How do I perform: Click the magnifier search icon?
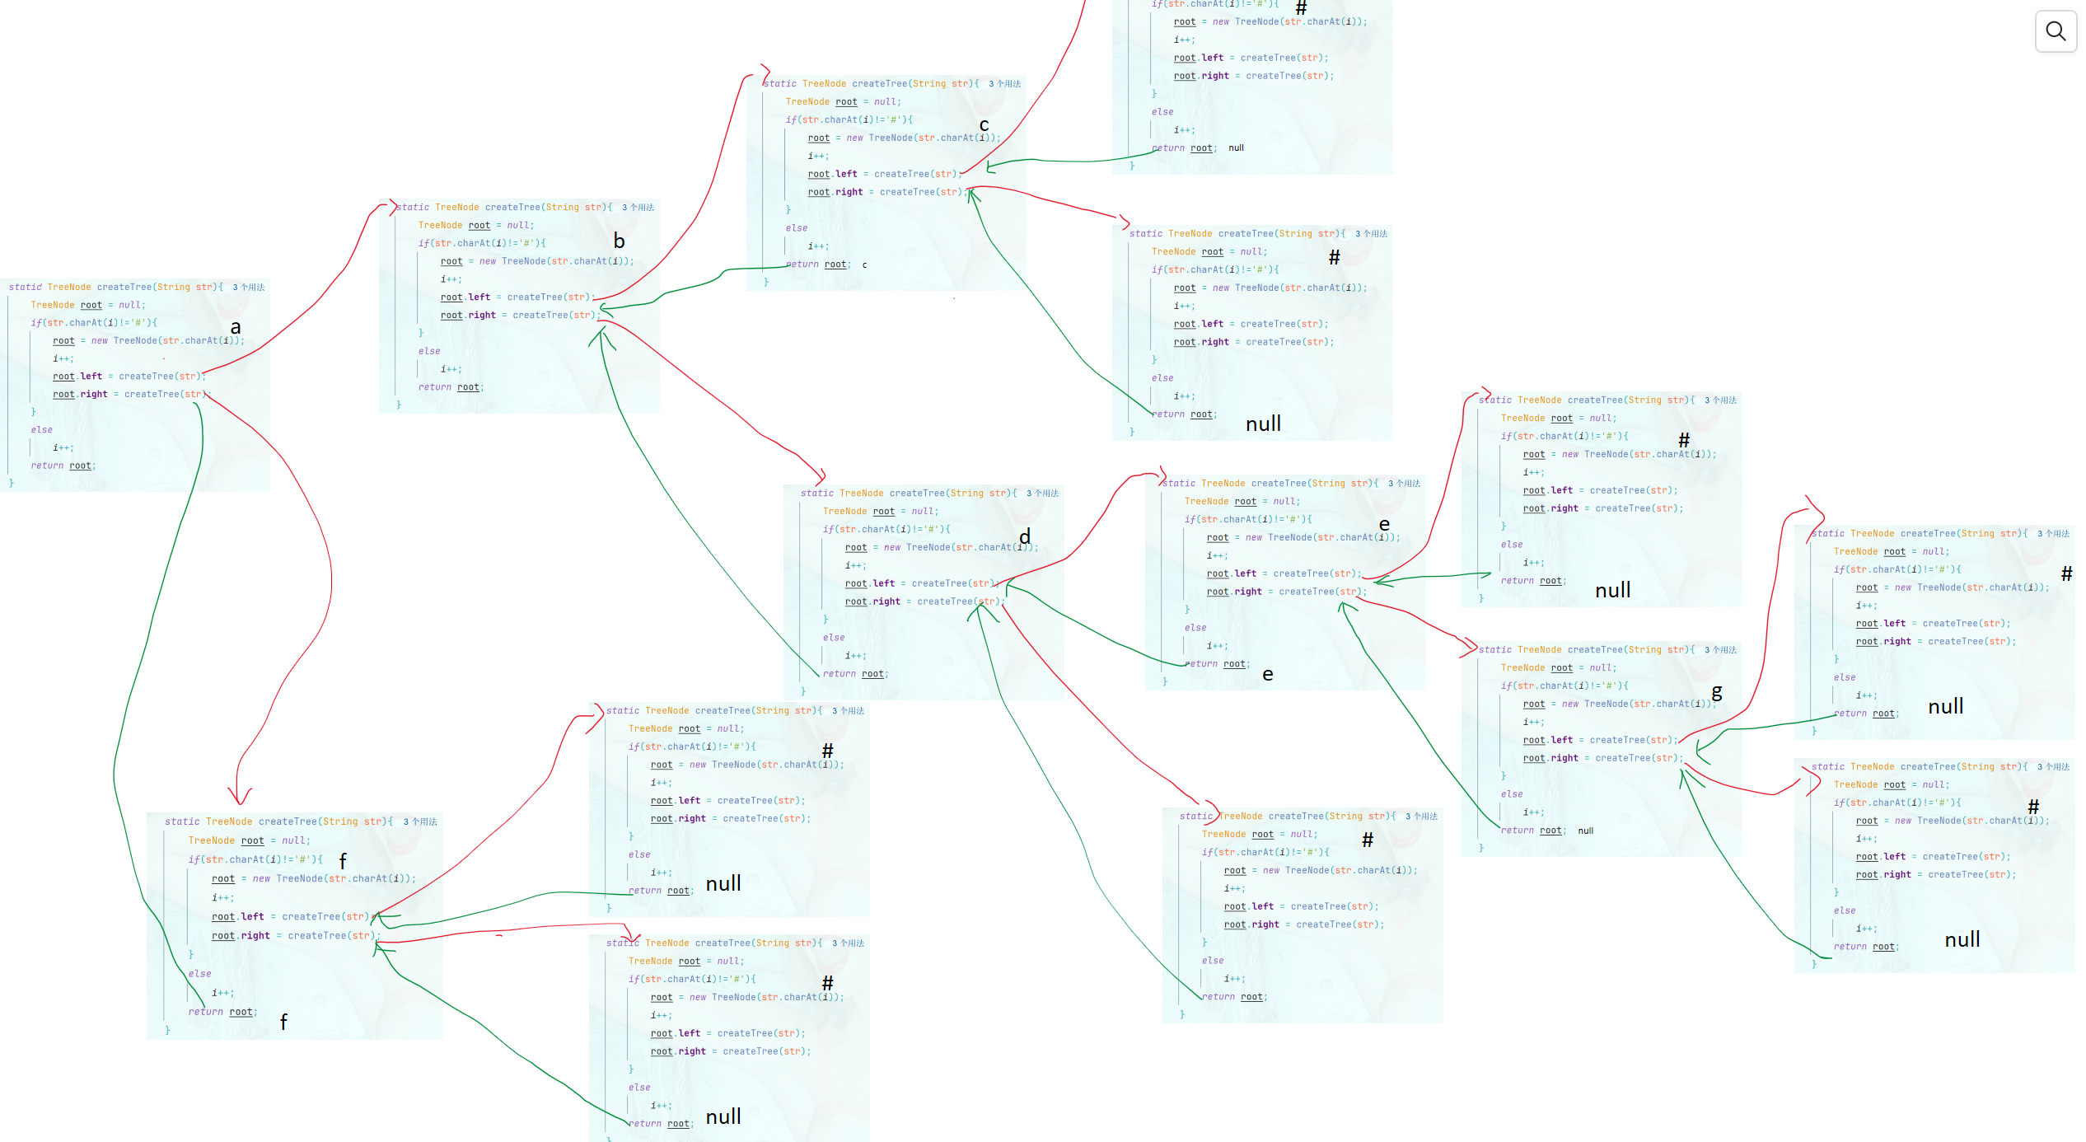[x=2056, y=31]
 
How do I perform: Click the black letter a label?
[x=236, y=328]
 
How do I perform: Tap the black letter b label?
[x=619, y=241]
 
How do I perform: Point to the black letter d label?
[x=1025, y=537]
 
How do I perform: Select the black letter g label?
[x=1717, y=693]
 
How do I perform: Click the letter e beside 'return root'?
[x=1268, y=675]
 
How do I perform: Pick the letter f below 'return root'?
[x=283, y=1023]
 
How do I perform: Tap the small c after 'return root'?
[x=864, y=265]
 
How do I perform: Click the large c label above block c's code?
[x=984, y=125]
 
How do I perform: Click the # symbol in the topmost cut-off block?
[x=1301, y=8]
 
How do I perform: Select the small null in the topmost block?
[x=1236, y=148]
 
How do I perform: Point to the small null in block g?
[x=1585, y=831]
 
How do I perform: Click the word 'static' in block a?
[x=25, y=288]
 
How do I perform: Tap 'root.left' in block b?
[x=465, y=297]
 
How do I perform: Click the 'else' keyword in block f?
[x=199, y=974]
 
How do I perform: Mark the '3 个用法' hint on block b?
[x=638, y=208]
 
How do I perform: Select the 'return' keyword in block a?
[x=47, y=466]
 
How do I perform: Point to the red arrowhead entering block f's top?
[x=240, y=798]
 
